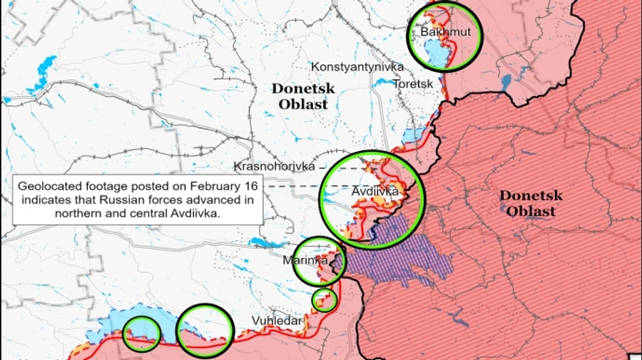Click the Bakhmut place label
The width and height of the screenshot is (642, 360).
(x=440, y=32)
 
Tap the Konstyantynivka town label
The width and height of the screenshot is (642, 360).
(x=357, y=66)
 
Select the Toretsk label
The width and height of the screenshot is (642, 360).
(x=413, y=83)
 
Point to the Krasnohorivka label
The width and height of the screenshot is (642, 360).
(x=274, y=166)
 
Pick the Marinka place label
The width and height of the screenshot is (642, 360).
(x=305, y=260)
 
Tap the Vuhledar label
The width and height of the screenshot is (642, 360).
(x=276, y=322)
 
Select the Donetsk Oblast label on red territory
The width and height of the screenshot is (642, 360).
(x=531, y=203)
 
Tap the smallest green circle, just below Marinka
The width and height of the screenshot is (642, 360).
(x=325, y=300)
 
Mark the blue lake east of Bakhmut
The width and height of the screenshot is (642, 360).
(x=506, y=83)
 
